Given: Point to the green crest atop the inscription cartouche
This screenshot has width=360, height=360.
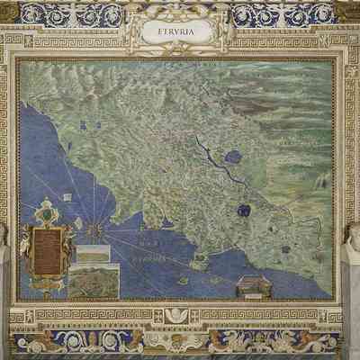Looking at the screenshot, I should pyautogui.click(x=48, y=212).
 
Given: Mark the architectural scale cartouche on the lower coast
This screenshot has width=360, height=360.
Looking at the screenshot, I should pyautogui.click(x=254, y=287).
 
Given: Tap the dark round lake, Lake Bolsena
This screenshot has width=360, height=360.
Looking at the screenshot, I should pyautogui.click(x=243, y=211).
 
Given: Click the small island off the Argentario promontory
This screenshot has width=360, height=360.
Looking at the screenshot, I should pyautogui.click(x=184, y=280).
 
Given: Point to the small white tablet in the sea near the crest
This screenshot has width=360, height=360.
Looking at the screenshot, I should pyautogui.click(x=78, y=222).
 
